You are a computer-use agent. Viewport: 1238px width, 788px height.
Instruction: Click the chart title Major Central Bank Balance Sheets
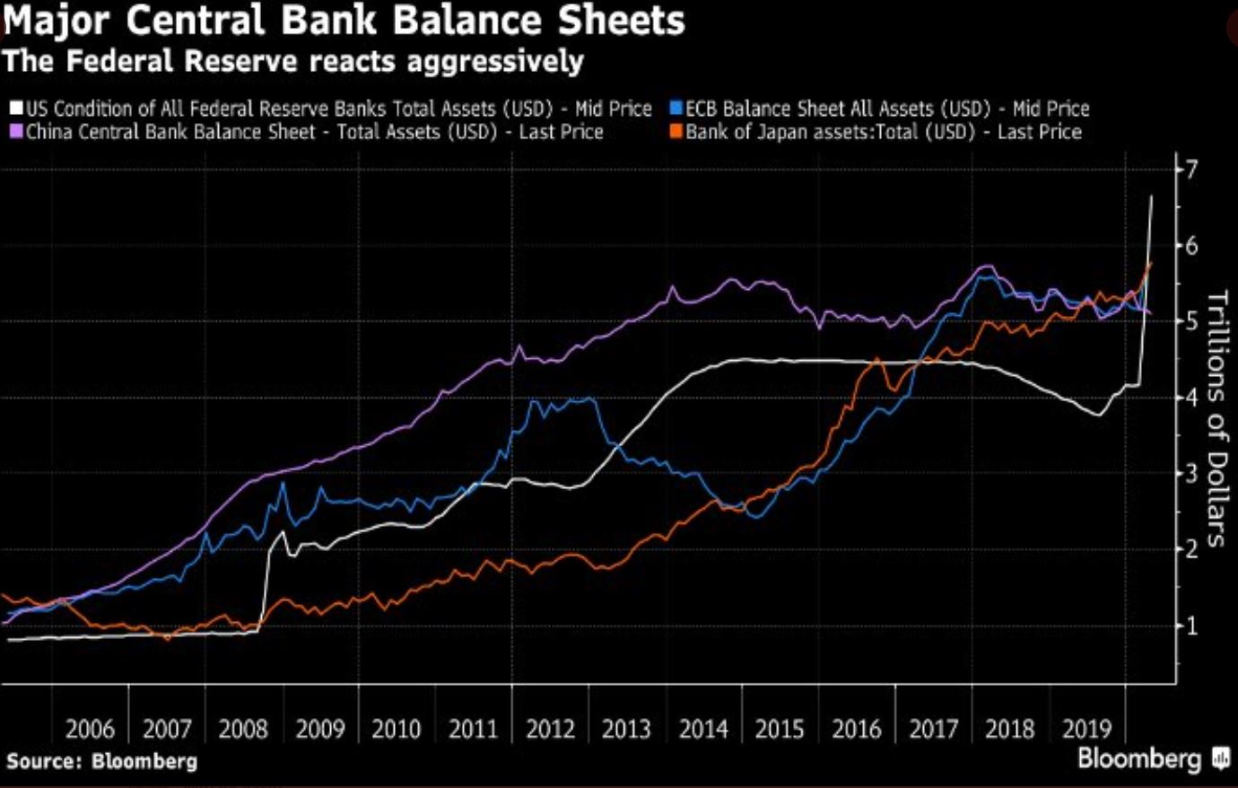tap(343, 22)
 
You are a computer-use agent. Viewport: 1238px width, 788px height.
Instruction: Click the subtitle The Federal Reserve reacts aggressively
tap(292, 62)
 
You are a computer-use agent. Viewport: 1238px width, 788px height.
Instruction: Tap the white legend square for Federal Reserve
tap(15, 109)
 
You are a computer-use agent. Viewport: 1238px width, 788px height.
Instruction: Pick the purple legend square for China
tap(15, 133)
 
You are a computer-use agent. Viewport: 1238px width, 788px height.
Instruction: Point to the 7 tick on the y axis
tap(1191, 169)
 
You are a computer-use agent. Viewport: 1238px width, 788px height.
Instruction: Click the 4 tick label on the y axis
tap(1191, 397)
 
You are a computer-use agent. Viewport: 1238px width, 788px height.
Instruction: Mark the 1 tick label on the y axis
tap(1191, 626)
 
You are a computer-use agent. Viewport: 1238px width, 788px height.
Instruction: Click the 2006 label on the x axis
tap(90, 729)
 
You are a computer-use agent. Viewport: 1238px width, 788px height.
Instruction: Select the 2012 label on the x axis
tap(549, 729)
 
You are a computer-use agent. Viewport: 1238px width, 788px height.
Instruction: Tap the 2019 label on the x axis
tap(1085, 729)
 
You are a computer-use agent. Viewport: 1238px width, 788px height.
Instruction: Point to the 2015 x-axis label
tap(779, 729)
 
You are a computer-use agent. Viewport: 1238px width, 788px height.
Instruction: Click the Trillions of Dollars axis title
tap(1216, 418)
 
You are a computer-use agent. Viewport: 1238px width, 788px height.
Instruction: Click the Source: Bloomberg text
tap(101, 762)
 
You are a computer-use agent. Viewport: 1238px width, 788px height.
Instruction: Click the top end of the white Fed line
tap(1152, 197)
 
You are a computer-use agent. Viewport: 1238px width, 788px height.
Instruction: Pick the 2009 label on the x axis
tap(319, 729)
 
